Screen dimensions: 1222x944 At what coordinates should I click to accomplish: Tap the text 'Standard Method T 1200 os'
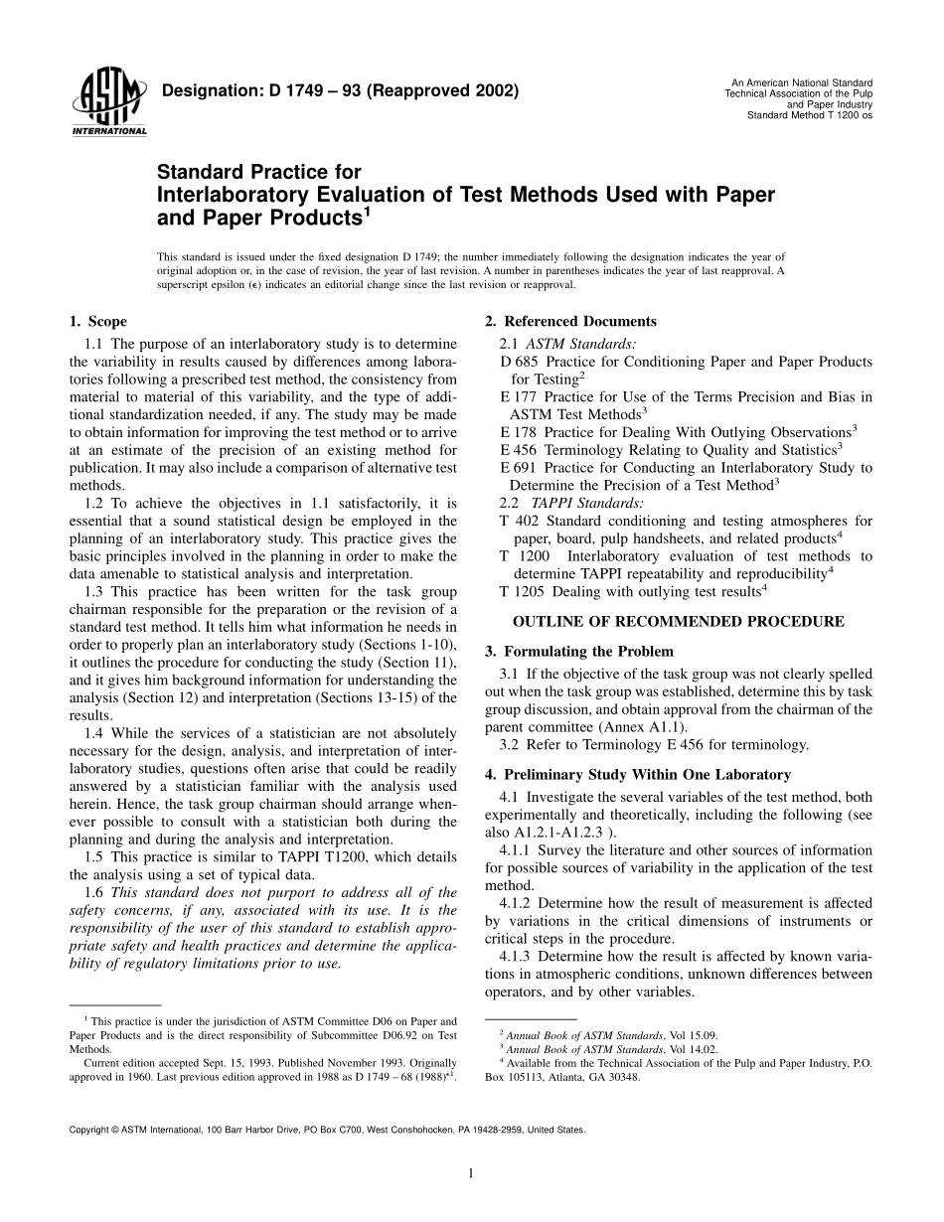point(809,115)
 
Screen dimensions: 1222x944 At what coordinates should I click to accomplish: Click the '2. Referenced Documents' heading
point(570,322)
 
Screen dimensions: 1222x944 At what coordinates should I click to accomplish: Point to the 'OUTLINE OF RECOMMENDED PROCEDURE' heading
point(678,622)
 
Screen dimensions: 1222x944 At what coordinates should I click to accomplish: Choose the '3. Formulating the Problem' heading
point(578,652)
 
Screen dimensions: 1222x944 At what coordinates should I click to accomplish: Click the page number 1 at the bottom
point(471,1173)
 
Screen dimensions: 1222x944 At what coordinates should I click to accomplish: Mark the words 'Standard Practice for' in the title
point(259,174)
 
